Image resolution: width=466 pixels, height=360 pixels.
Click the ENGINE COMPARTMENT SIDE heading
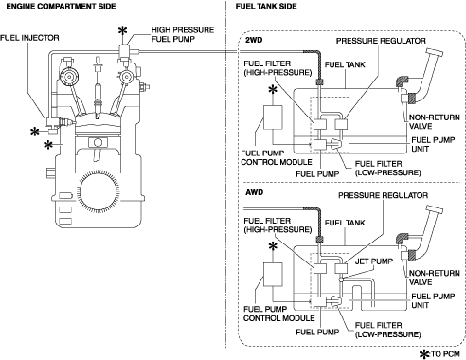click(x=61, y=6)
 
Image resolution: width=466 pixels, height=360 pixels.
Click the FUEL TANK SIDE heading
click(x=266, y=6)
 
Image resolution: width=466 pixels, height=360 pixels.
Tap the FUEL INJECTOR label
click(x=29, y=38)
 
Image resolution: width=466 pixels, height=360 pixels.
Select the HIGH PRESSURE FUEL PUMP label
click(x=183, y=34)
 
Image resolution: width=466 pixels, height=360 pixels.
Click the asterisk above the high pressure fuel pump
click(x=122, y=31)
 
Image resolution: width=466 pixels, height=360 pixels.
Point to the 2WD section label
click(x=254, y=40)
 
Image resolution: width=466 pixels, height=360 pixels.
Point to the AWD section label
click(x=254, y=192)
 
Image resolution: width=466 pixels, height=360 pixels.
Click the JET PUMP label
click(x=374, y=261)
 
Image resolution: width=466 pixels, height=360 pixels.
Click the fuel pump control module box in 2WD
click(x=273, y=117)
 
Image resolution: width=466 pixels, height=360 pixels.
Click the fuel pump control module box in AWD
click(x=273, y=275)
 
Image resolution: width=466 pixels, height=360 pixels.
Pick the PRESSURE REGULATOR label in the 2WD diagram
click(x=381, y=41)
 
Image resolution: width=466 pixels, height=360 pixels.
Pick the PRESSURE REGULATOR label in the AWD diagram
click(x=383, y=195)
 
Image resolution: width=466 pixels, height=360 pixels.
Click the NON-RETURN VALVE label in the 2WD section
click(x=435, y=122)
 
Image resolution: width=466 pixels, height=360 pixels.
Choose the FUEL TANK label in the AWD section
click(x=345, y=223)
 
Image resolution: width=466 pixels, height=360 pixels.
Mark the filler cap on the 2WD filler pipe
click(x=434, y=52)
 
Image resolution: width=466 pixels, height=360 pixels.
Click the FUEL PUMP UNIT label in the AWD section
click(x=433, y=300)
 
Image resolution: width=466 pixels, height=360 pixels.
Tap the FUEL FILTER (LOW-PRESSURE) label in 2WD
click(x=387, y=168)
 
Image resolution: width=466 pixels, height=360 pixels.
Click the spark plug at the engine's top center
click(x=98, y=88)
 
